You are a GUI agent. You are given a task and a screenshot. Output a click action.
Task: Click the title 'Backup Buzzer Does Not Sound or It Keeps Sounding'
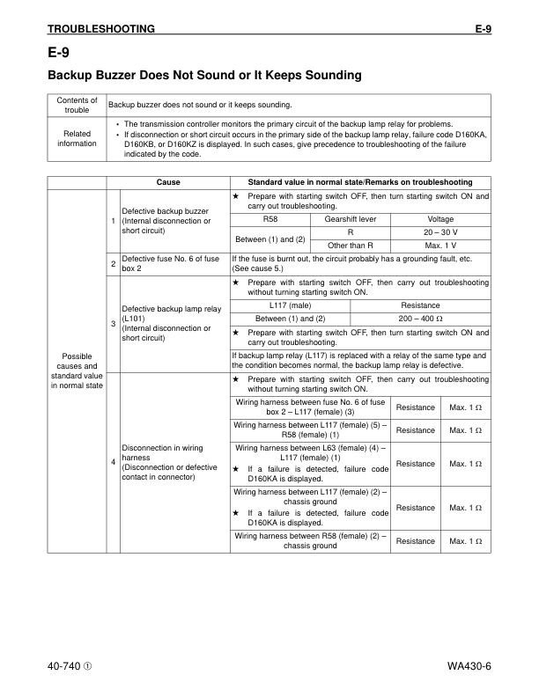(x=204, y=76)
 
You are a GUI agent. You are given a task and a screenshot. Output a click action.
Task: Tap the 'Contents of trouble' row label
(x=77, y=105)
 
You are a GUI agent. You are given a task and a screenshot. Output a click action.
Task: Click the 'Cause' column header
(x=168, y=181)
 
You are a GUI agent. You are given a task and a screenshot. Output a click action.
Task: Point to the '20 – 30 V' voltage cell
(x=440, y=231)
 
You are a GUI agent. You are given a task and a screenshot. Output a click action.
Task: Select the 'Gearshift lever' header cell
(x=351, y=218)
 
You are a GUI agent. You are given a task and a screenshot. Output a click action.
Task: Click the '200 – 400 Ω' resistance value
(x=420, y=318)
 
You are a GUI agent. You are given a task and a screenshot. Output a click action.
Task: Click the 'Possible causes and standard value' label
(x=77, y=371)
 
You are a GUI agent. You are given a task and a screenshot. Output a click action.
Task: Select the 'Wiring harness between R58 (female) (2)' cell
(x=310, y=540)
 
